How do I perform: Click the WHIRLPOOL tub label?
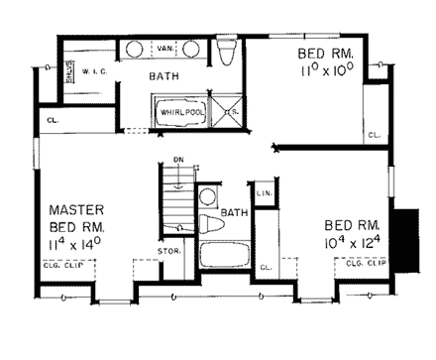[180, 113]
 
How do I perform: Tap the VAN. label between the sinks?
[165, 47]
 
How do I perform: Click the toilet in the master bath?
[226, 53]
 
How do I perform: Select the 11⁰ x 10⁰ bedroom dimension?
[323, 73]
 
